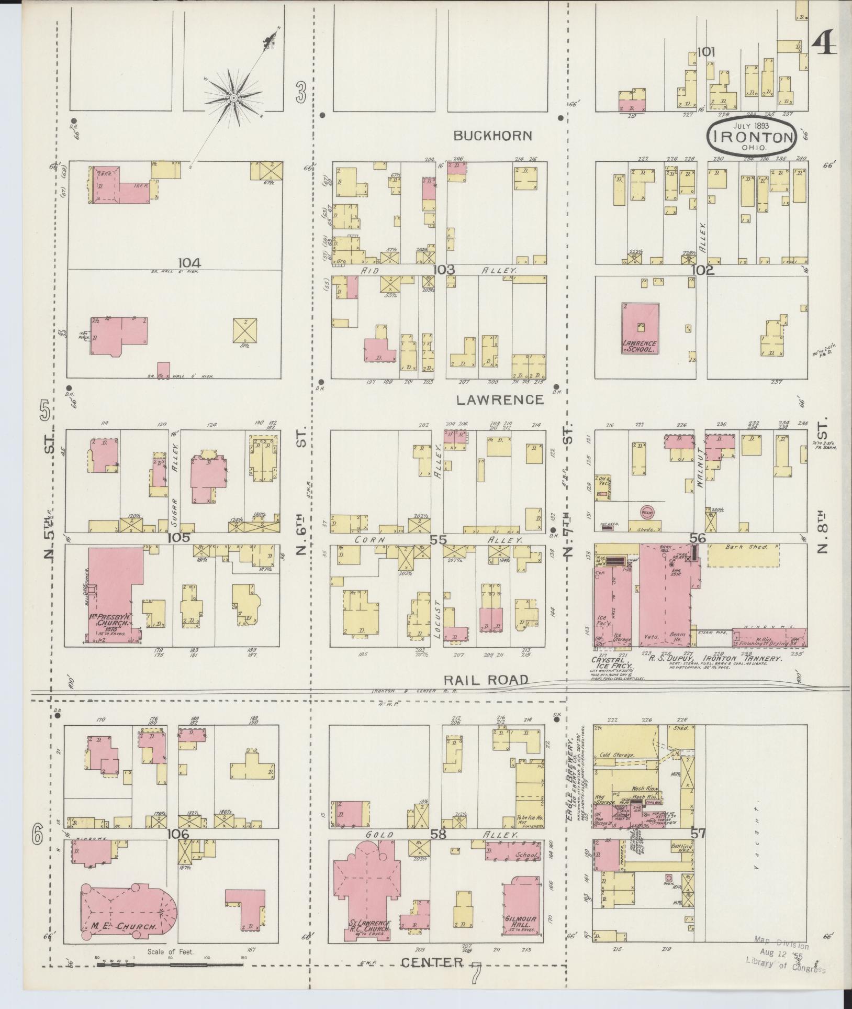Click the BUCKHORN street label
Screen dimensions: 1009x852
tap(492, 136)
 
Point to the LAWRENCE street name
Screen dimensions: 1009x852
tap(500, 400)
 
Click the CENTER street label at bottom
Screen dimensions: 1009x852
tap(432, 962)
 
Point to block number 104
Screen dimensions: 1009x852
tap(189, 263)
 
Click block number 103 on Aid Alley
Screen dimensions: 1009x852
tap(443, 270)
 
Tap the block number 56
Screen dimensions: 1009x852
tap(697, 538)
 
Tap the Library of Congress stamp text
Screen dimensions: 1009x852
tap(785, 968)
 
